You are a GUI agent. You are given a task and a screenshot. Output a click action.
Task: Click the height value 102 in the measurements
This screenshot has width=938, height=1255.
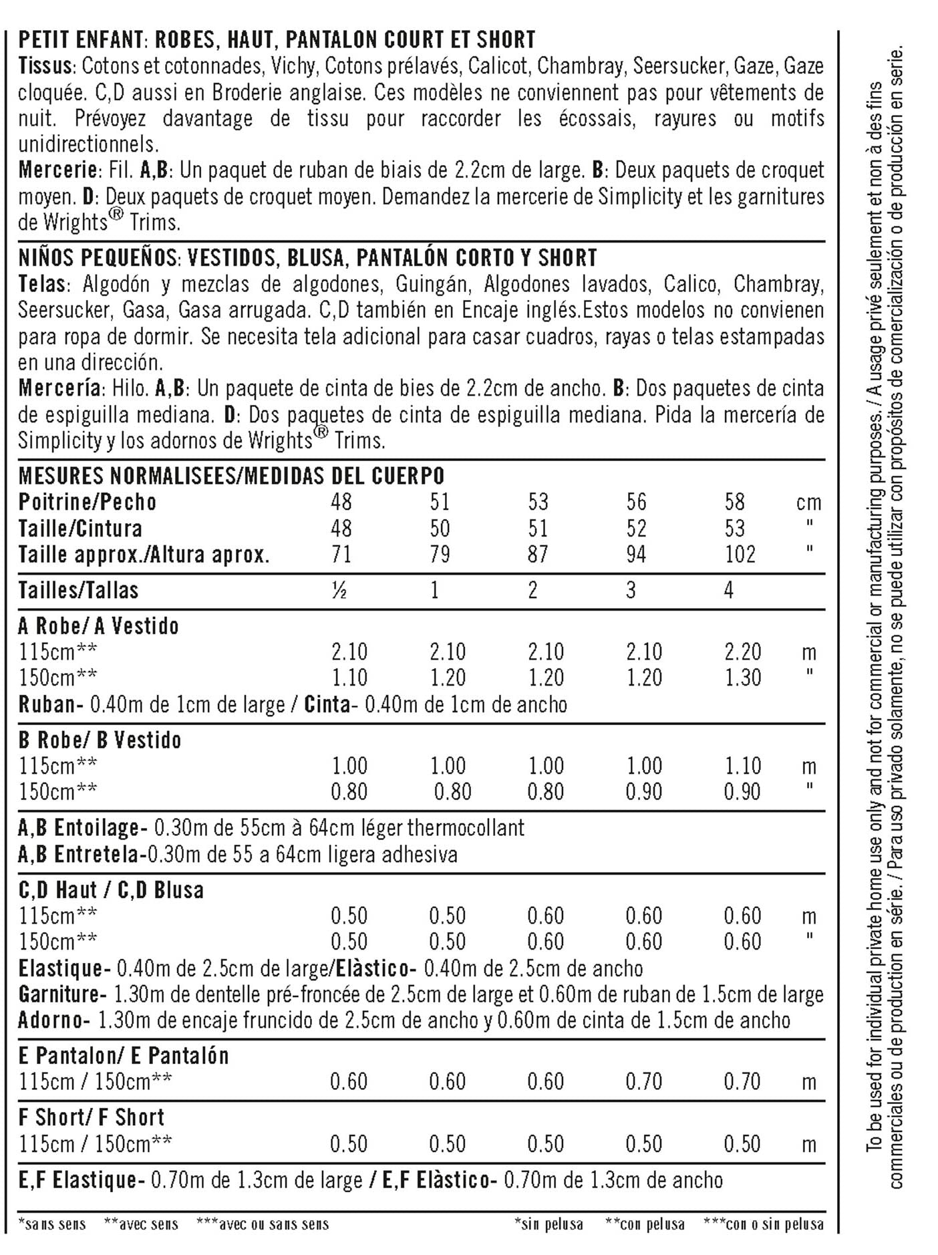pyautogui.click(x=740, y=555)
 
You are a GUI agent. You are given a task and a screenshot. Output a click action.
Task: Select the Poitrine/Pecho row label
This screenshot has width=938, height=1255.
pyautogui.click(x=88, y=503)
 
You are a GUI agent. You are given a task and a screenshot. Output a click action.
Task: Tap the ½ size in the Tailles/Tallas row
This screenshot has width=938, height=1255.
pyautogui.click(x=339, y=591)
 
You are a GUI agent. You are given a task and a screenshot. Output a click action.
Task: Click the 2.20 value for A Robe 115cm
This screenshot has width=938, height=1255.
pyautogui.click(x=742, y=652)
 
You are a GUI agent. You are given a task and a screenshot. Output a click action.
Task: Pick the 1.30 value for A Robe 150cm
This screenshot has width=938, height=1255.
pyautogui.click(x=742, y=678)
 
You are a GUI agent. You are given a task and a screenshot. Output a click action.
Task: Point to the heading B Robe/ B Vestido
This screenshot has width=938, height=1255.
pyautogui.click(x=100, y=740)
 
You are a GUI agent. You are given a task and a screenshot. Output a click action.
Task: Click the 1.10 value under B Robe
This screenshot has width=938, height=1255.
pyautogui.click(x=742, y=766)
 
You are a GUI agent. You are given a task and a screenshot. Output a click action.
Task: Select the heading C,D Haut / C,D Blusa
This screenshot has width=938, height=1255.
pyautogui.click(x=111, y=890)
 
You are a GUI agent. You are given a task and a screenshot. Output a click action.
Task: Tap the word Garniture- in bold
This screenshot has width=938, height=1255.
pyautogui.click(x=62, y=994)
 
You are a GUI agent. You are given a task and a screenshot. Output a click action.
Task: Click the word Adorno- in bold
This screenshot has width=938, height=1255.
pyautogui.click(x=54, y=1020)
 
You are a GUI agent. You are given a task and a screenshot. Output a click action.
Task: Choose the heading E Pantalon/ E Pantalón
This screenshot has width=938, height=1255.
pyautogui.click(x=124, y=1056)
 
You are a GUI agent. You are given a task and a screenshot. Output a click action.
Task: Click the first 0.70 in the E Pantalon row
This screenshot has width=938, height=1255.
pyautogui.click(x=643, y=1082)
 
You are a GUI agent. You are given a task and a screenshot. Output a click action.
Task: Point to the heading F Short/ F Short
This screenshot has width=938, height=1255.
pyautogui.click(x=92, y=1117)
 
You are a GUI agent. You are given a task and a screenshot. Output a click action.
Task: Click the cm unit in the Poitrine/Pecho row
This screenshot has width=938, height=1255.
pyautogui.click(x=808, y=503)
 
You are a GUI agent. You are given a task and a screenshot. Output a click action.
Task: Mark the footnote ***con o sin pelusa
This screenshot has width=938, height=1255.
pyautogui.click(x=763, y=1225)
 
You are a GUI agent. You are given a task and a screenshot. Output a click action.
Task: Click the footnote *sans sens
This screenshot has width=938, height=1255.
pyautogui.click(x=52, y=1225)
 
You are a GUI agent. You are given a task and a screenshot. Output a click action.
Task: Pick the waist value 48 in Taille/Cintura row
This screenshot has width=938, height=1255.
pyautogui.click(x=341, y=529)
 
